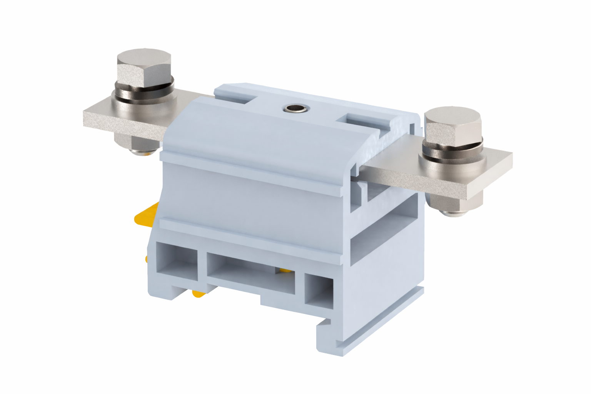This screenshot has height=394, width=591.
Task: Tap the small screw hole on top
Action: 294,109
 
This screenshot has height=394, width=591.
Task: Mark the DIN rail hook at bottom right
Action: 327,339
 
